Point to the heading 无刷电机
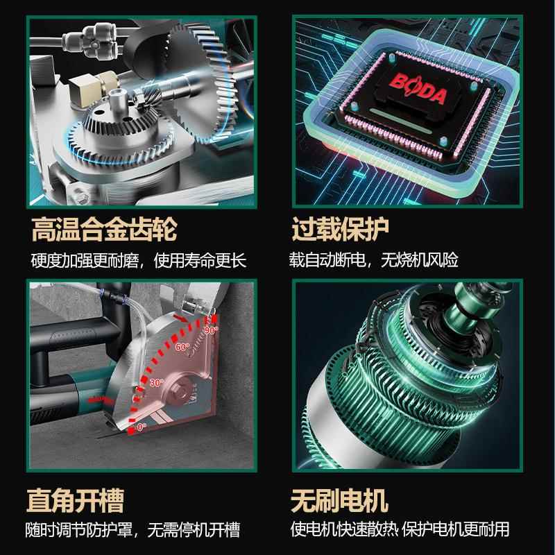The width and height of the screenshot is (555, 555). pos(339,500)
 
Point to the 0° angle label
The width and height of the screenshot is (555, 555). pos(142,427)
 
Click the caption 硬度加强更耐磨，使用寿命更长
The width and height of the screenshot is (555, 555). pos(139,261)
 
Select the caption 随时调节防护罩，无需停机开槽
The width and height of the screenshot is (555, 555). pos(135,531)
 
